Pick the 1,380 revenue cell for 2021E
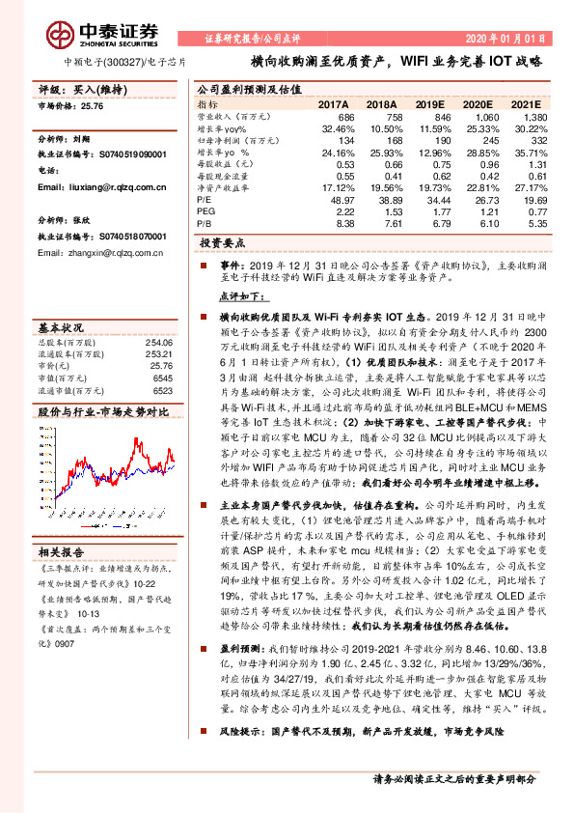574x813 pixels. click(533, 115)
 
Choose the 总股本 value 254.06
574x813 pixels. click(158, 342)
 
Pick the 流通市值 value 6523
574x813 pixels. click(161, 391)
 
